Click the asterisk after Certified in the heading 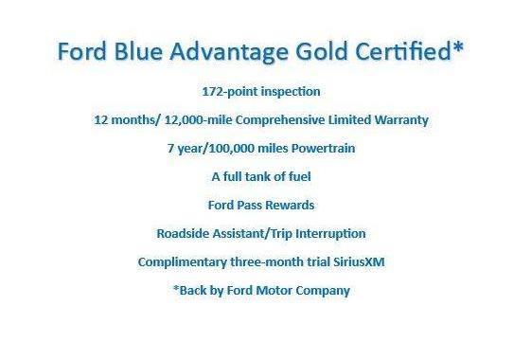[458, 47]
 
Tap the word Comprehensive [283, 120]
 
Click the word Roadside [186, 233]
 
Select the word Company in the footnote [322, 290]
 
